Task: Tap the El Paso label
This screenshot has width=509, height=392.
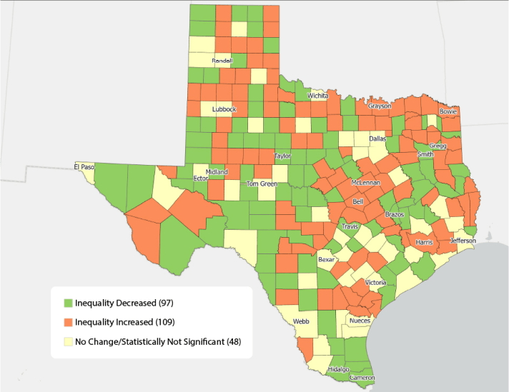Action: [x=84, y=167]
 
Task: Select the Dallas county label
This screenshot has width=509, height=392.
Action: [x=377, y=139]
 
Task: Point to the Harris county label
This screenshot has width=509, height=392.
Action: [x=424, y=243]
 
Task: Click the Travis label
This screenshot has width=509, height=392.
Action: [x=350, y=226]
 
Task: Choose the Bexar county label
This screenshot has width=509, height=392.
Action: [x=326, y=260]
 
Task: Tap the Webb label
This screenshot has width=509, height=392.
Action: [x=301, y=322]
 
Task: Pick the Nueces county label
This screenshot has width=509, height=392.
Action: [x=360, y=321]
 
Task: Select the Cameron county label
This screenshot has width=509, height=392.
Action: [x=362, y=377]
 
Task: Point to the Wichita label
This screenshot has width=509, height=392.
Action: [x=317, y=95]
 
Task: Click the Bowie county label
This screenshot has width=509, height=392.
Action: [x=448, y=111]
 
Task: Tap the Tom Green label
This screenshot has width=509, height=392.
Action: [x=262, y=184]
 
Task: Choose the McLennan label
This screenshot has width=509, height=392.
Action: [x=365, y=183]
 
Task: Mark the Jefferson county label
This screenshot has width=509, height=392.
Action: [x=463, y=241]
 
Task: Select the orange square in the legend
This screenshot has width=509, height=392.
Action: [x=68, y=322]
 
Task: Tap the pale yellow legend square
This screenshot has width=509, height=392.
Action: [x=68, y=342]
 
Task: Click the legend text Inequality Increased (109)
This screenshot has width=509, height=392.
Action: [x=124, y=322]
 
